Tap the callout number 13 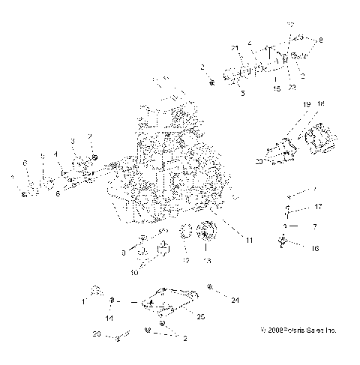pyautogui.click(x=207, y=261)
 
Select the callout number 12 pyautogui.click(x=185, y=260)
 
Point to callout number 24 pyautogui.click(x=235, y=301)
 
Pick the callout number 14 pyautogui.click(x=109, y=319)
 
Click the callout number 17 pyautogui.click(x=318, y=206)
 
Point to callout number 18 pyautogui.click(x=320, y=103)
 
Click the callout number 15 pyautogui.click(x=277, y=88)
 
